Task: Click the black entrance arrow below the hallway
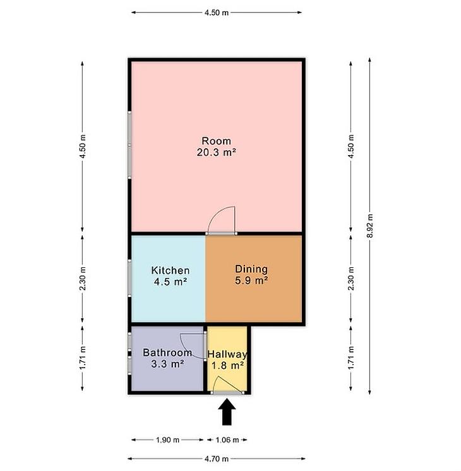227,412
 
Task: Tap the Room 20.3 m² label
217,146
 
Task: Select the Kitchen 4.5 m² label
171,276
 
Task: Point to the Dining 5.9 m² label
251,274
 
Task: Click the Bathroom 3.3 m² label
167,358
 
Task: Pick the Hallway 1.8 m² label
227,360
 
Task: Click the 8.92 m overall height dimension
370,226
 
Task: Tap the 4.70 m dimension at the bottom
217,458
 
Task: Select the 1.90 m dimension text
167,440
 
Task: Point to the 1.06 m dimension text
227,440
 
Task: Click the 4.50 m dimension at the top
217,13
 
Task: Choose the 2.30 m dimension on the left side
83,279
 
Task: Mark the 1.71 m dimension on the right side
351,358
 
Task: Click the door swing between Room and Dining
221,219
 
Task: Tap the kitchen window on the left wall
129,278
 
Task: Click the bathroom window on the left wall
129,353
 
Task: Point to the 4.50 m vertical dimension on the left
83,146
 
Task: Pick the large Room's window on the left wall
129,145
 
